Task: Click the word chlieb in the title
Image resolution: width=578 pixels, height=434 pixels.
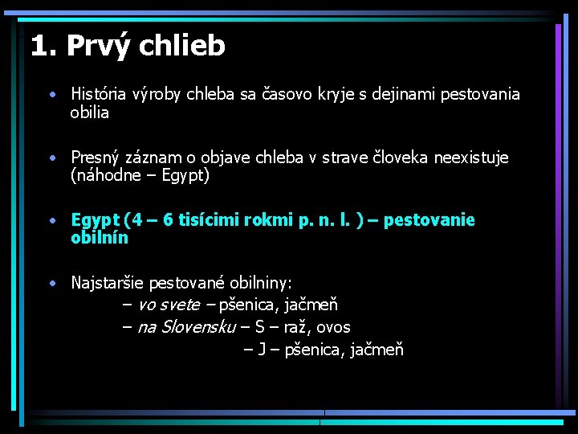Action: coord(182,46)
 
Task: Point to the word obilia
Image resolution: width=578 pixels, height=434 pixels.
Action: coord(90,113)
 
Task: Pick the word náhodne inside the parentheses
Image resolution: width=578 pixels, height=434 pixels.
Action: coord(105,175)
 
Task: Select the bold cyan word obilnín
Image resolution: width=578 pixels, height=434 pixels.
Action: coord(100,238)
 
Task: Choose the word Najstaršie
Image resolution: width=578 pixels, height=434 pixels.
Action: coord(107,283)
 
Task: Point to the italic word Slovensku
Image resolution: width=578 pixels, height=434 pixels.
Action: coord(198,327)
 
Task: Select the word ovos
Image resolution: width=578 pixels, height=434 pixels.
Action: coord(334,327)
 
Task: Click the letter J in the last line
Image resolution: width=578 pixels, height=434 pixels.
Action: coord(262,350)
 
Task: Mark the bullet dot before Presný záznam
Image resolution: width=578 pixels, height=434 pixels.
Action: coord(51,157)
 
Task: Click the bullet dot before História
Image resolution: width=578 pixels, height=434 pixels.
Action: coord(51,94)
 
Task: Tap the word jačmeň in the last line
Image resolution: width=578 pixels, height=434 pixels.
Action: coord(377,350)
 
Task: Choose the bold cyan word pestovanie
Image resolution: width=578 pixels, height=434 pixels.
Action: coord(429,220)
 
